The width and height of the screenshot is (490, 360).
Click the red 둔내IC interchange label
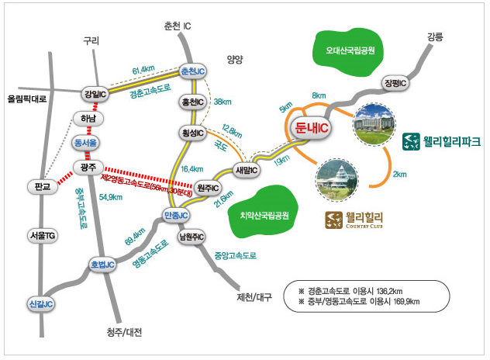tap(311, 127)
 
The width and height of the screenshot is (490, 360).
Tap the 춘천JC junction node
tap(193, 71)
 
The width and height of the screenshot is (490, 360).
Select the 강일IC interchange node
tap(95, 94)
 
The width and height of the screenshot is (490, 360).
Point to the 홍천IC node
tap(193, 102)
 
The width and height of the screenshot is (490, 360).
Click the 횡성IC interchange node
tap(193, 133)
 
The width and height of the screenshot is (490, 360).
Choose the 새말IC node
tap(247, 170)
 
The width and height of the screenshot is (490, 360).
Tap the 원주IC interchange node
tap(208, 188)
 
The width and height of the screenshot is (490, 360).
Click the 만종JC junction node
tap(176, 215)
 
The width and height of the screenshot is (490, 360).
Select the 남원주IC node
tap(192, 237)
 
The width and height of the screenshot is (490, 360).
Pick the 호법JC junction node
tap(102, 265)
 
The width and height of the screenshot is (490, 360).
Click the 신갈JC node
tap(41, 304)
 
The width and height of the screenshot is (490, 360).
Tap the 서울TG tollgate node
tap(43, 236)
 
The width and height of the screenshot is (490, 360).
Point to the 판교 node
tap(43, 187)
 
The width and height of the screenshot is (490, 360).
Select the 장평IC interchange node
tap(395, 83)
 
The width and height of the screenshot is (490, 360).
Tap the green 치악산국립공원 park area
tap(264, 213)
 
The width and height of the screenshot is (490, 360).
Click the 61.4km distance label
tap(143, 70)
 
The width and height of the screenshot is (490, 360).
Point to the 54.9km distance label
tap(111, 197)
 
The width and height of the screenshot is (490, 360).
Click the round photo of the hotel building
tap(374, 124)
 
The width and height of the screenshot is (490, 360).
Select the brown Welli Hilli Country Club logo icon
tap(333, 220)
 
